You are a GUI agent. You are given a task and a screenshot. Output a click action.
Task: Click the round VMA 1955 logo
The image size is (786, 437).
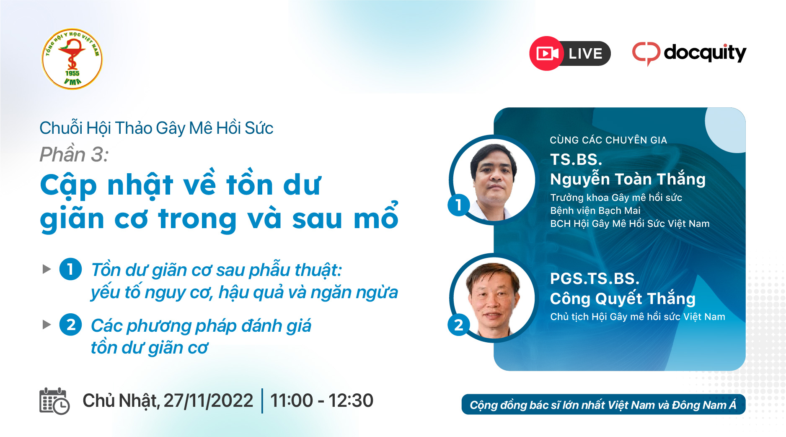click(x=72, y=59)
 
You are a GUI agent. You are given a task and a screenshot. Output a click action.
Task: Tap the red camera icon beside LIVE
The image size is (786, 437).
click(x=547, y=53)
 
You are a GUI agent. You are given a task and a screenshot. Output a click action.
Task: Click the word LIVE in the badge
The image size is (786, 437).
click(x=585, y=54)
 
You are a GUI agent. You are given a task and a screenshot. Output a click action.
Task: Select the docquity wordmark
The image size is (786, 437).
click(x=705, y=53)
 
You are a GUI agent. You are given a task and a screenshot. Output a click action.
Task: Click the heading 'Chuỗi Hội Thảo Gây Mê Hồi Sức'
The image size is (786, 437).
click(x=156, y=128)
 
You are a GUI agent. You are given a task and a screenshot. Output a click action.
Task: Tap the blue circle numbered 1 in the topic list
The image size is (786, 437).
click(x=70, y=269)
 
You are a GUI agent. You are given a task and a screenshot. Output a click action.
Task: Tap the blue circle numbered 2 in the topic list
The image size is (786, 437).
click(x=70, y=325)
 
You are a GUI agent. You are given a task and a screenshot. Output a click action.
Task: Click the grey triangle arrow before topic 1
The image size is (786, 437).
click(x=47, y=269)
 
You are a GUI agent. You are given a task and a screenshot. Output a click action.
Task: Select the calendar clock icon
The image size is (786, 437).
click(x=54, y=401)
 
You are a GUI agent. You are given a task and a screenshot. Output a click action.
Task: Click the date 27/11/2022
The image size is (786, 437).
click(x=208, y=401)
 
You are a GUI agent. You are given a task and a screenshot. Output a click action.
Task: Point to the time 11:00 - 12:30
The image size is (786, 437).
click(x=322, y=401)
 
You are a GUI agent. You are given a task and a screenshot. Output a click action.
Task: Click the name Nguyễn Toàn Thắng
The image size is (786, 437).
click(x=628, y=179)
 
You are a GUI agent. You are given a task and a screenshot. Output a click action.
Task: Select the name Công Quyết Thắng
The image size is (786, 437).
click(x=623, y=299)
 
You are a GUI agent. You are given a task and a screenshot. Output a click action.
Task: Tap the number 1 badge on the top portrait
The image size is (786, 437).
click(x=459, y=205)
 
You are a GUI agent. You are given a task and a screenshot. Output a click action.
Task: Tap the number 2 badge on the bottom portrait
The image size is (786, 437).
click(x=459, y=325)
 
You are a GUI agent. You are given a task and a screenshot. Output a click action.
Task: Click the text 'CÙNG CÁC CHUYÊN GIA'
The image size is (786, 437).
click(x=608, y=140)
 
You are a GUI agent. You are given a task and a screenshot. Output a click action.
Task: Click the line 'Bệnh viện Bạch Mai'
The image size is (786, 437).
click(x=595, y=211)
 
